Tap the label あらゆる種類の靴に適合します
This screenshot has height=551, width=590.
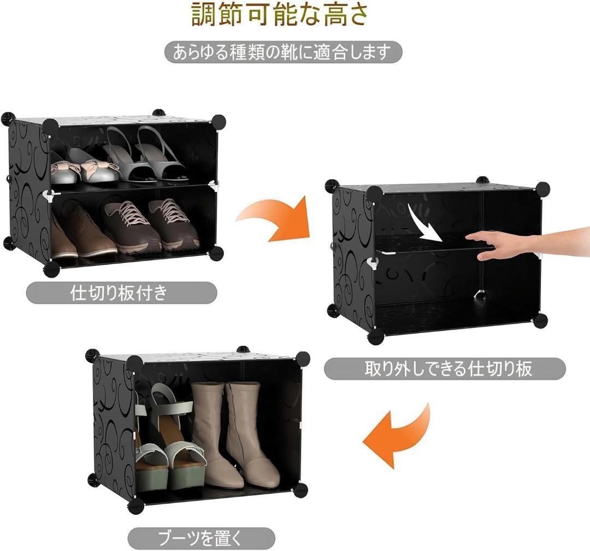click(284, 52)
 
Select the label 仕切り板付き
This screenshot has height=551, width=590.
click(121, 292)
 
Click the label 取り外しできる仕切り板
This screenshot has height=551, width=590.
click(445, 369)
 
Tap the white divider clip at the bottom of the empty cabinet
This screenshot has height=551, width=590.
click(480, 294)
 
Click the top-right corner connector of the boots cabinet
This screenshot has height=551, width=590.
click(303, 359)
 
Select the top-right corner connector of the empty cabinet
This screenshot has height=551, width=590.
click(542, 189)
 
